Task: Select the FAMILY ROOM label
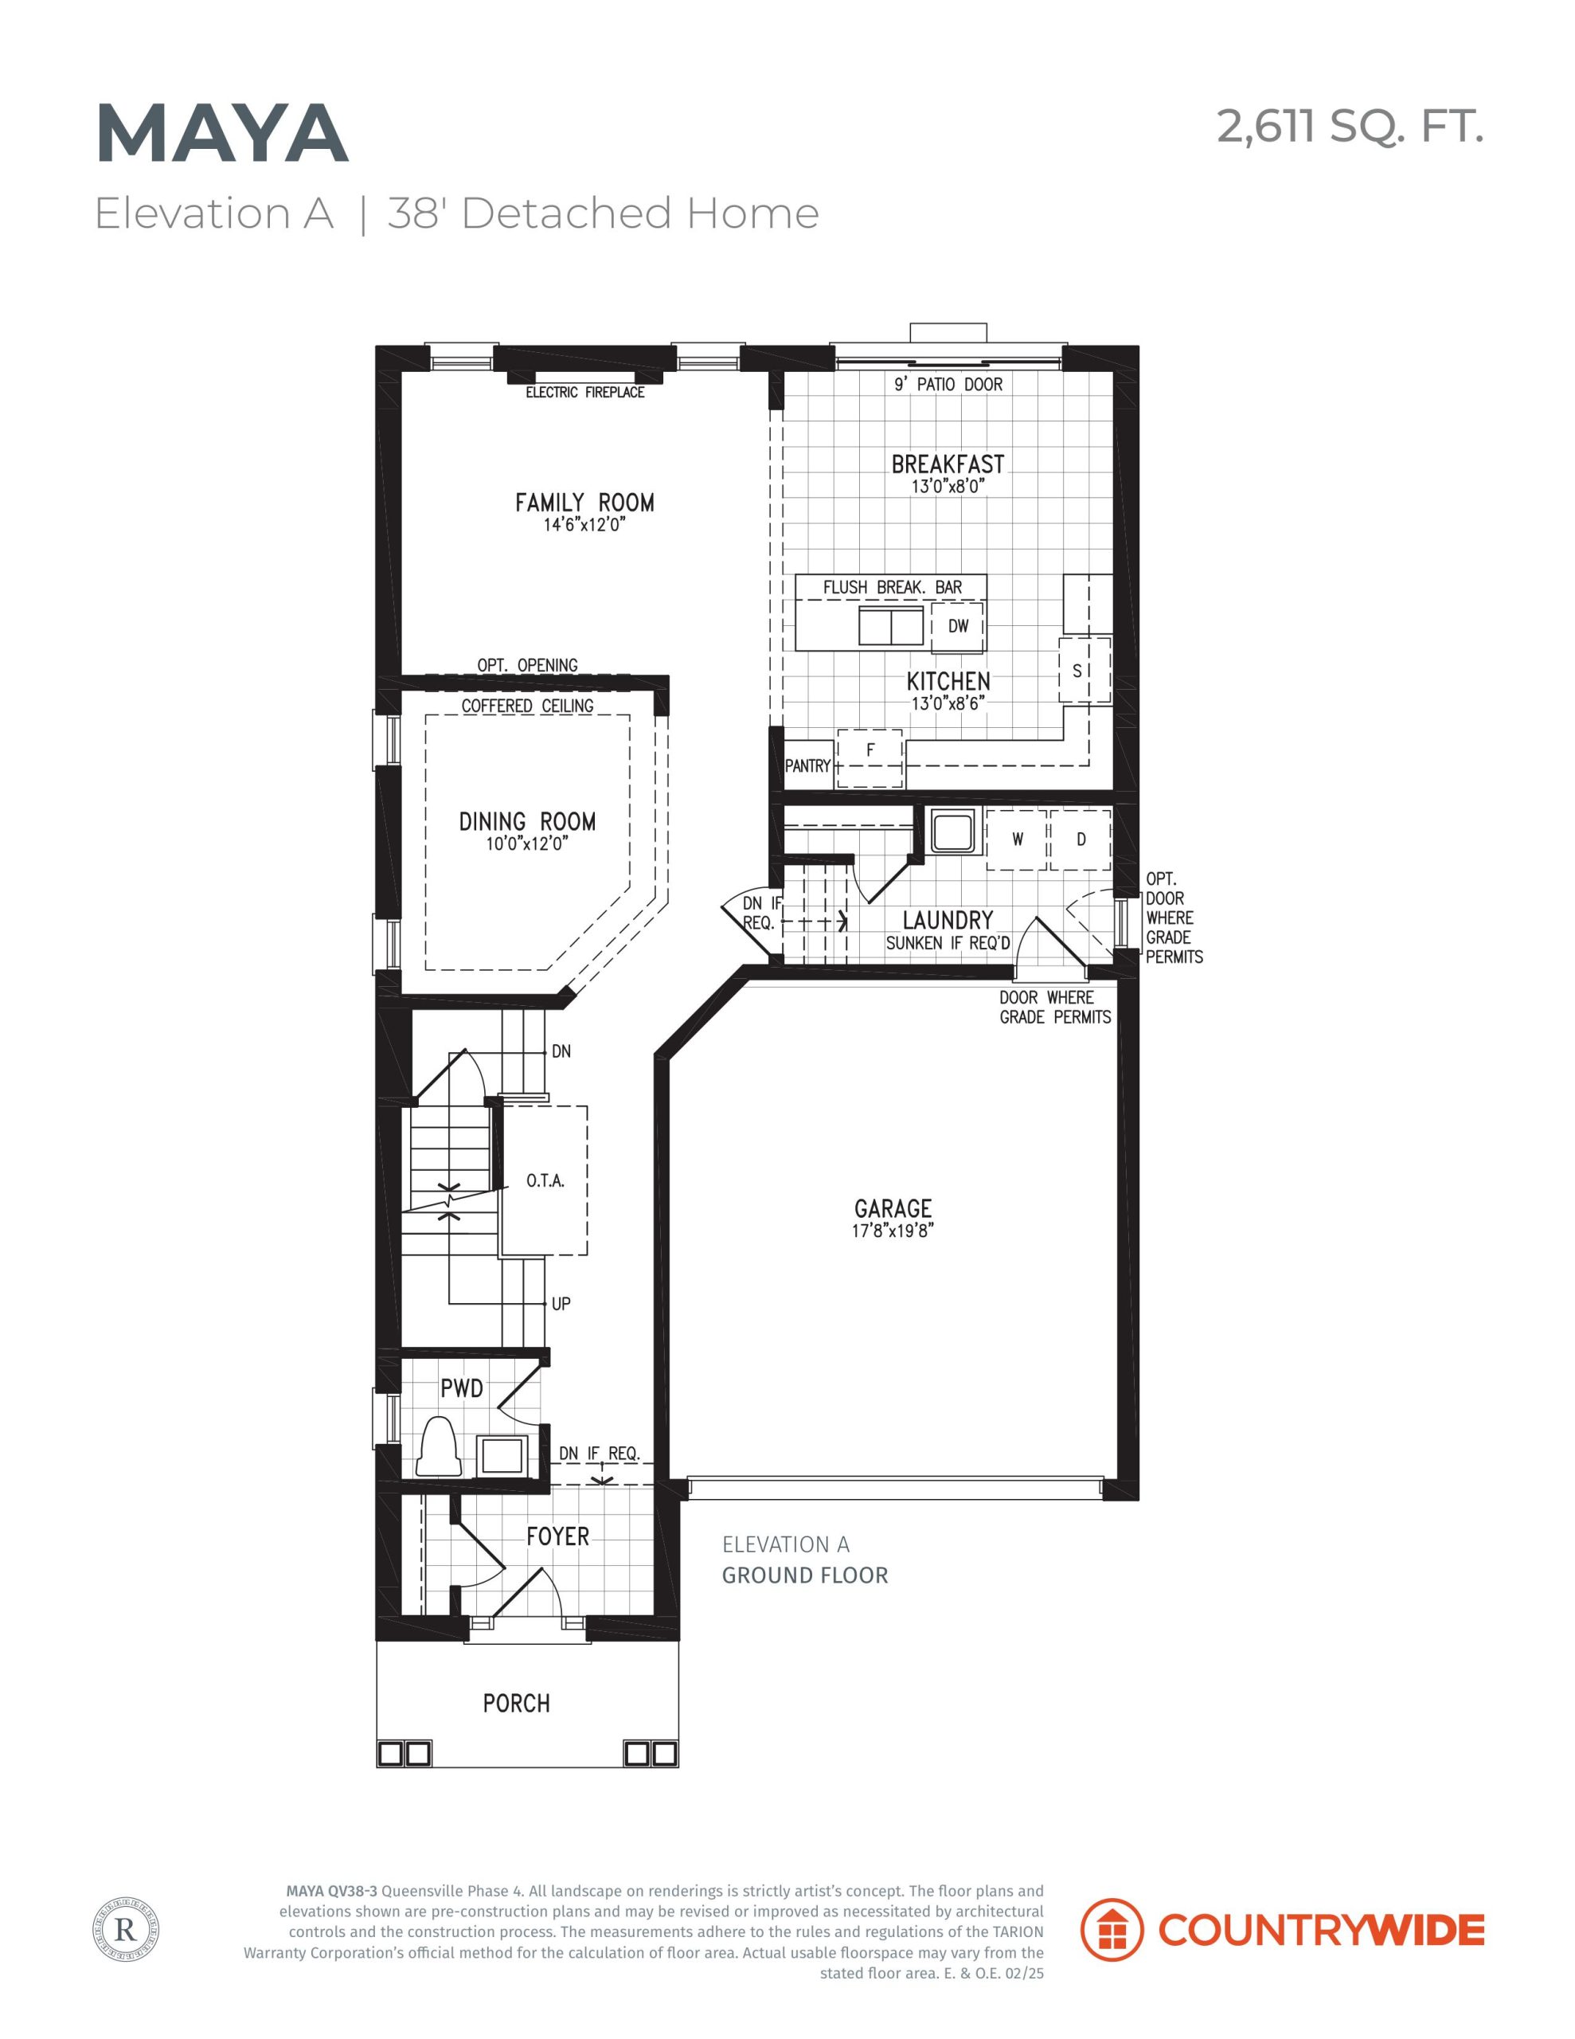pos(584,503)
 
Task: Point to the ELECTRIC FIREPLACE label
pos(584,392)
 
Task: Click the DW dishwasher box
pos(957,627)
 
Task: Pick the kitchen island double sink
pos(891,625)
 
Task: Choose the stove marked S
pos(1084,671)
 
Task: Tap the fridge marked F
pos(870,757)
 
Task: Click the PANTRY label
pos(807,765)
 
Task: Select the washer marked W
pos(1017,839)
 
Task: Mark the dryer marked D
pos(1081,839)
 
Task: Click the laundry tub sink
pos(952,831)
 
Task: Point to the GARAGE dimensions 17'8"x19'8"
pos(893,1231)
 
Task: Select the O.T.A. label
pos(545,1181)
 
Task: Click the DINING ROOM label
pos(527,822)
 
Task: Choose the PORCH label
pos(516,1704)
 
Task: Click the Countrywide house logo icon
pos(1111,1930)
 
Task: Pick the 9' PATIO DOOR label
pos(948,384)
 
